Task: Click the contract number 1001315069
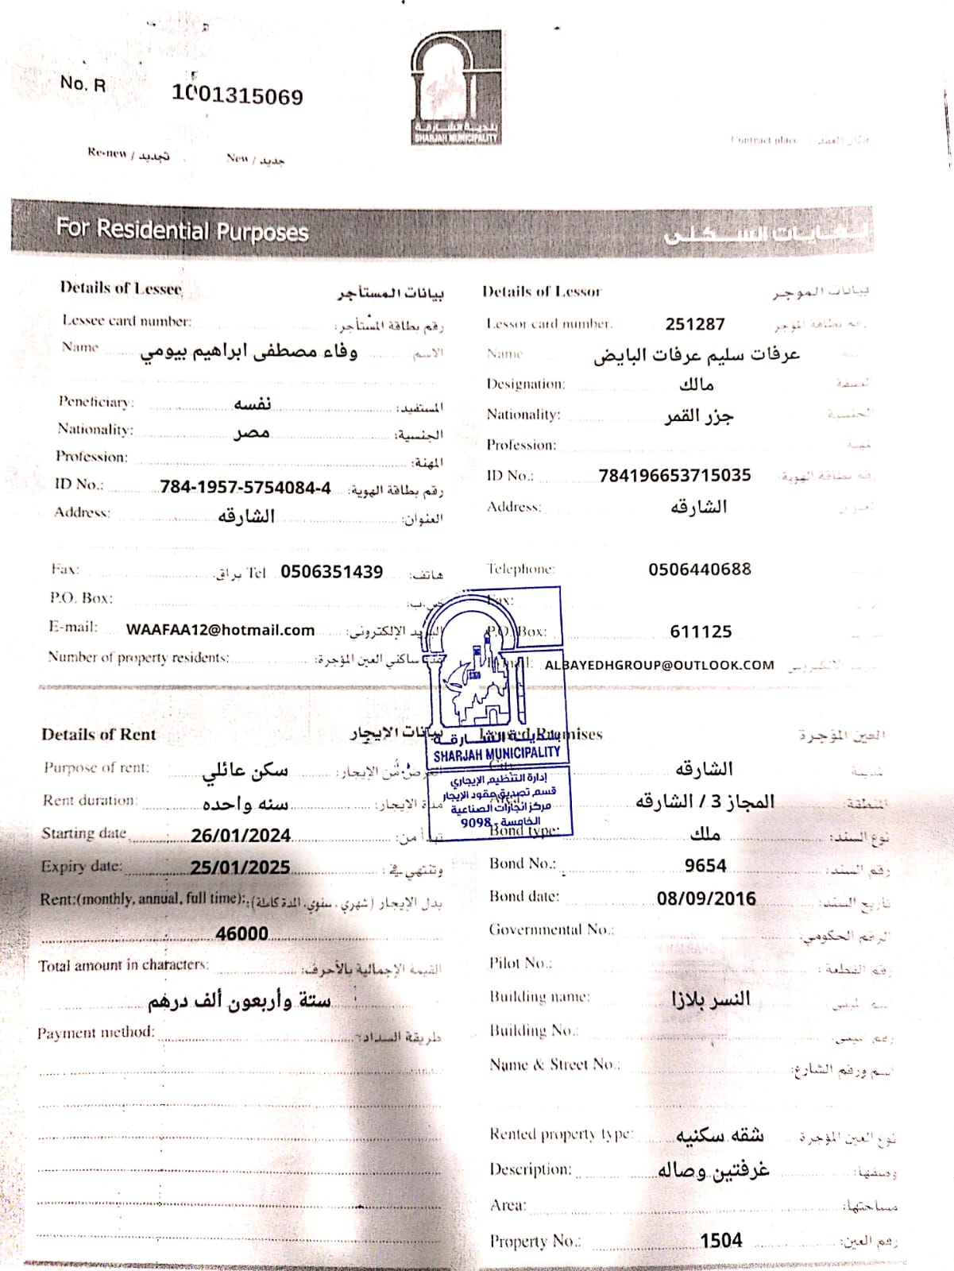(x=238, y=96)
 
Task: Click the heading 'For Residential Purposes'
(x=182, y=230)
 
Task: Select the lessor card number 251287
(x=695, y=324)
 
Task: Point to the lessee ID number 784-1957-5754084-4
(x=245, y=487)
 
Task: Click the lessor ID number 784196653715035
(x=674, y=475)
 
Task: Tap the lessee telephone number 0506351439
(x=331, y=572)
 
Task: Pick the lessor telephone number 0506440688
(x=699, y=569)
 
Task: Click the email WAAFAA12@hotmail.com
(x=220, y=630)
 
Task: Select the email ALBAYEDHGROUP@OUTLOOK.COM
(x=659, y=665)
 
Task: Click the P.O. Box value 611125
(x=701, y=632)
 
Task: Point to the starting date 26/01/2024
(x=241, y=835)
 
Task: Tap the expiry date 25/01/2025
(x=240, y=867)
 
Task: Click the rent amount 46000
(x=241, y=933)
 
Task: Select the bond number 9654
(x=705, y=865)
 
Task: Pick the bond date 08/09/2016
(x=706, y=898)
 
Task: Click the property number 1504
(x=721, y=1240)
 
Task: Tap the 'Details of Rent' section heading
(x=98, y=735)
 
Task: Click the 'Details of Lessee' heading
(x=121, y=288)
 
